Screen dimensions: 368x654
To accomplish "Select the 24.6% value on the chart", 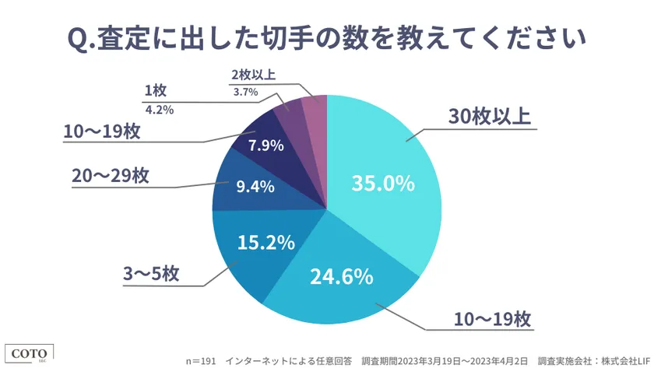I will coord(341,275).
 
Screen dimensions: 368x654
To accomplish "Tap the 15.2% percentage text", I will coord(266,242).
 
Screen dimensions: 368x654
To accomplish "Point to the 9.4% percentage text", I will coord(254,186).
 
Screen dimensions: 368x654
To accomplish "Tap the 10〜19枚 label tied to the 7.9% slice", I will coord(102,131).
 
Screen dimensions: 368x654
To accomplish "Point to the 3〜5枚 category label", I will coord(152,273).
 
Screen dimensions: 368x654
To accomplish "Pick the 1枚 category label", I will coord(155,91).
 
